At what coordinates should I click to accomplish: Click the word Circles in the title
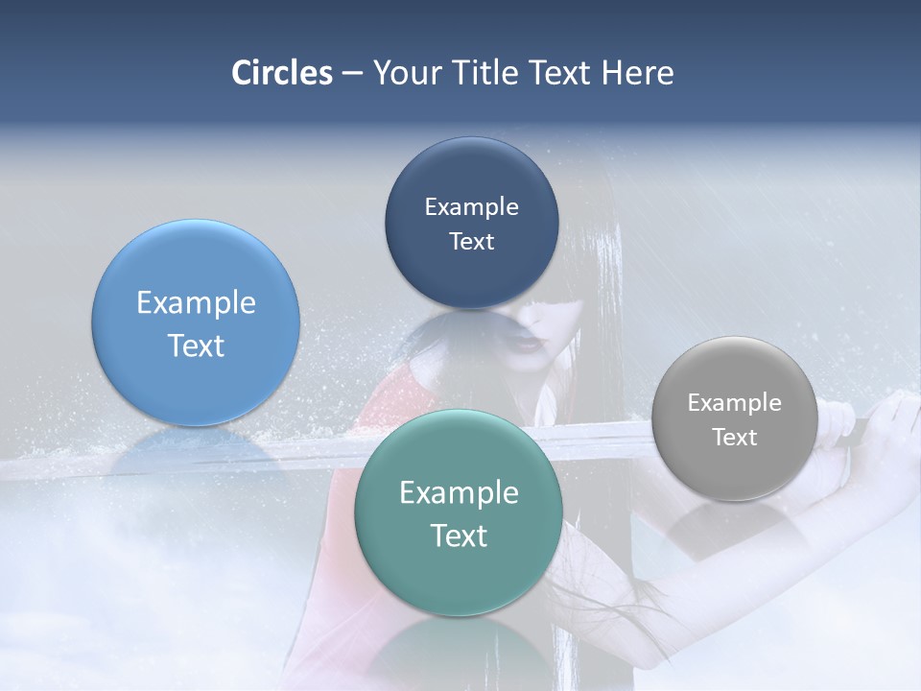point(281,73)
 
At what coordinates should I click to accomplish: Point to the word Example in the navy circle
point(471,207)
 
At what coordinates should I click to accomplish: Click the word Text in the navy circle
point(471,242)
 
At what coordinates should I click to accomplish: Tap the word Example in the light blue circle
point(196,303)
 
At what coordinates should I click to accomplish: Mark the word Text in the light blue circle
point(196,345)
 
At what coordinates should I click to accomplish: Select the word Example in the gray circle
point(734,403)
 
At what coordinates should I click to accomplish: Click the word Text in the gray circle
point(734,438)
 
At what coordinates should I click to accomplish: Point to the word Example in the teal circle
point(459,493)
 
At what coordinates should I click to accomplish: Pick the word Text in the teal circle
point(459,536)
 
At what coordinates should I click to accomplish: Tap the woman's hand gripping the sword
point(887,422)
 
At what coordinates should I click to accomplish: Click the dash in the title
point(352,74)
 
